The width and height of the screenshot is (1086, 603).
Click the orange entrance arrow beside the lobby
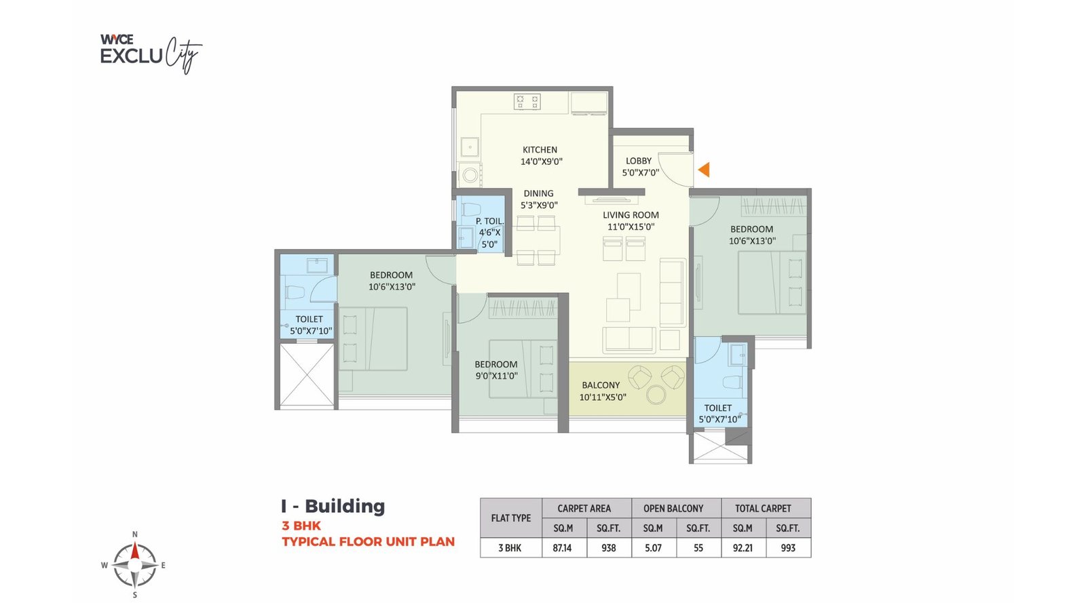pyautogui.click(x=705, y=170)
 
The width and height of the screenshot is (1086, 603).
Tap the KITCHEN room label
pyautogui.click(x=540, y=150)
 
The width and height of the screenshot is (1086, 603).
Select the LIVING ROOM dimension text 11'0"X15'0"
pyautogui.click(x=631, y=227)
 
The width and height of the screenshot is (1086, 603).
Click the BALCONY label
pyautogui.click(x=601, y=385)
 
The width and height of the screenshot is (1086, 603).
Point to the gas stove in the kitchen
pyautogui.click(x=527, y=102)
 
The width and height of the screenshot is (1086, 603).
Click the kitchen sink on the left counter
pyautogui.click(x=469, y=147)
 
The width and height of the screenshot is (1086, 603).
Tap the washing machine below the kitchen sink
pyautogui.click(x=470, y=175)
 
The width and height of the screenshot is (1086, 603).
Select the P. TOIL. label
pyautogui.click(x=489, y=221)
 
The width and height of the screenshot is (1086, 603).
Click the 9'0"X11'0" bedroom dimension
pyautogui.click(x=496, y=376)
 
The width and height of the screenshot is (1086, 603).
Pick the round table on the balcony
pyautogui.click(x=656, y=395)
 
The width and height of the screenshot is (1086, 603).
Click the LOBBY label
pyautogui.click(x=639, y=161)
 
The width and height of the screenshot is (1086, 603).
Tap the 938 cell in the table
pyautogui.click(x=609, y=548)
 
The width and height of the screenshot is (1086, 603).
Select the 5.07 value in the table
pyautogui.click(x=653, y=548)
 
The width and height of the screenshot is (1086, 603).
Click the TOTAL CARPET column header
pyautogui.click(x=763, y=508)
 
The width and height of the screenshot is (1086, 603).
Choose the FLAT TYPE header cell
pyautogui.click(x=511, y=518)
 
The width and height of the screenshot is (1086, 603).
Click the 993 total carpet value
pyautogui.click(x=788, y=548)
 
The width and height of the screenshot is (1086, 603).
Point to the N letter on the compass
pyautogui.click(x=134, y=534)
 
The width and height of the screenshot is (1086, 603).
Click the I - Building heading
pyautogui.click(x=333, y=506)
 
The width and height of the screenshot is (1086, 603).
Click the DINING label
pyautogui.click(x=538, y=193)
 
